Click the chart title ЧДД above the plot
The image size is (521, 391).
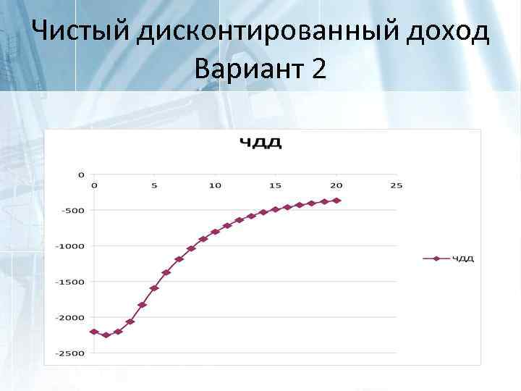[262, 143]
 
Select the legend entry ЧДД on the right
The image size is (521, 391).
[463, 258]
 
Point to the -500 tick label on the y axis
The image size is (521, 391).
[75, 210]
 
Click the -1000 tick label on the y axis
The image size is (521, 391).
[72, 245]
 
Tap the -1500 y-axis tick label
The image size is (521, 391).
[72, 282]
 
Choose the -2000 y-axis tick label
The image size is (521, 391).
[72, 317]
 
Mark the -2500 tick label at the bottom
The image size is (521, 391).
[72, 353]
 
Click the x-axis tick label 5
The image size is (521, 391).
[154, 185]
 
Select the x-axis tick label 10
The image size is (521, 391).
[215, 185]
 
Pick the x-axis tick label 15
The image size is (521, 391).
[275, 185]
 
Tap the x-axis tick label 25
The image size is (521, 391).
[395, 185]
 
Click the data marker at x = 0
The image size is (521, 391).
[94, 332]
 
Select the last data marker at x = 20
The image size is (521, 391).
[336, 201]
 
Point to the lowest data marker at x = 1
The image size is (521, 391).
[106, 335]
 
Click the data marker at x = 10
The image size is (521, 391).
[215, 232]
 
